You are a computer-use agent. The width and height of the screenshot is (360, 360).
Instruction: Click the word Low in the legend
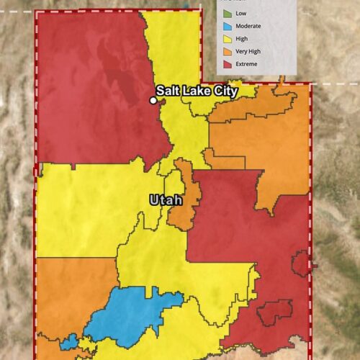(240, 13)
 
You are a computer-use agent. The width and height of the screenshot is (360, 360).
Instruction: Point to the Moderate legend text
(248, 26)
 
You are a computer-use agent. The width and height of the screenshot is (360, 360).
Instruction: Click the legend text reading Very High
(247, 51)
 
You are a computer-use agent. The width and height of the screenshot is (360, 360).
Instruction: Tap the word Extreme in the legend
(246, 64)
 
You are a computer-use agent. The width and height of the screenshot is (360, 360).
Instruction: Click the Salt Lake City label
(197, 91)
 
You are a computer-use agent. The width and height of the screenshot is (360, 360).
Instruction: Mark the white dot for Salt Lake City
(153, 101)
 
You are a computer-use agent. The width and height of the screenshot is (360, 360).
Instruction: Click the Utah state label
(165, 199)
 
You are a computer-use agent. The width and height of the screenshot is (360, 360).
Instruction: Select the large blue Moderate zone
(130, 313)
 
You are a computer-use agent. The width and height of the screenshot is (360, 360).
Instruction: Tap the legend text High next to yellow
(240, 39)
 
